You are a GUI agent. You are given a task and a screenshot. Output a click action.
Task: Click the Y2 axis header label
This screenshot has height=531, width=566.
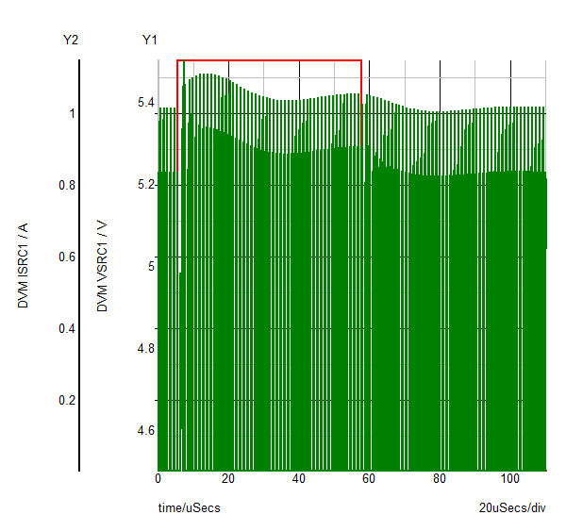70,40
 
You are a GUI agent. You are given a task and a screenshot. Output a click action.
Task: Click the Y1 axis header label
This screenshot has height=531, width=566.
150,40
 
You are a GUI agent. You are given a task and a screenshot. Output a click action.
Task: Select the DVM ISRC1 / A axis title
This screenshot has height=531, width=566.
23,263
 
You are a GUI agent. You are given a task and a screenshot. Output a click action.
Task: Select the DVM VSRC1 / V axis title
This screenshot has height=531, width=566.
102,267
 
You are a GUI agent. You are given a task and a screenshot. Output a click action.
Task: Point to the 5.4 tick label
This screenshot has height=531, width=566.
145,102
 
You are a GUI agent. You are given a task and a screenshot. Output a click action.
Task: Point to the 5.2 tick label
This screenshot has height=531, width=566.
145,184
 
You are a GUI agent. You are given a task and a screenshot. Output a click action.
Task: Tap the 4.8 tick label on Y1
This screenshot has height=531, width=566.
145,348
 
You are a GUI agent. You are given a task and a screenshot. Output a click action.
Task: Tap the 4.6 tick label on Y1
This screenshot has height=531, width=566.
145,430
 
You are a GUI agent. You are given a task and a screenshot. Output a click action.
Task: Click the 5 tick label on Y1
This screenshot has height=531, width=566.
150,266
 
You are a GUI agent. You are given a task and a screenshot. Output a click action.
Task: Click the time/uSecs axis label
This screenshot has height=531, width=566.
189,507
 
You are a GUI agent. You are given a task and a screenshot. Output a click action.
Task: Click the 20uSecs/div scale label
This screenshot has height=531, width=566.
512,507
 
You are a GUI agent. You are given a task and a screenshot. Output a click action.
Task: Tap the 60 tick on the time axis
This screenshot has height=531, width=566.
370,478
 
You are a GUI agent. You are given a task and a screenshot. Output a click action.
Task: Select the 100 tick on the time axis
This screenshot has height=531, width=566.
510,478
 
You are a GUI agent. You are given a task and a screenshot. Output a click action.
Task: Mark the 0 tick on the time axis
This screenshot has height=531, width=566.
158,478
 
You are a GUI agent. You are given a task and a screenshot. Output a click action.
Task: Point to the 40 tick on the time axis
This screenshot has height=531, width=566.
299,478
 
